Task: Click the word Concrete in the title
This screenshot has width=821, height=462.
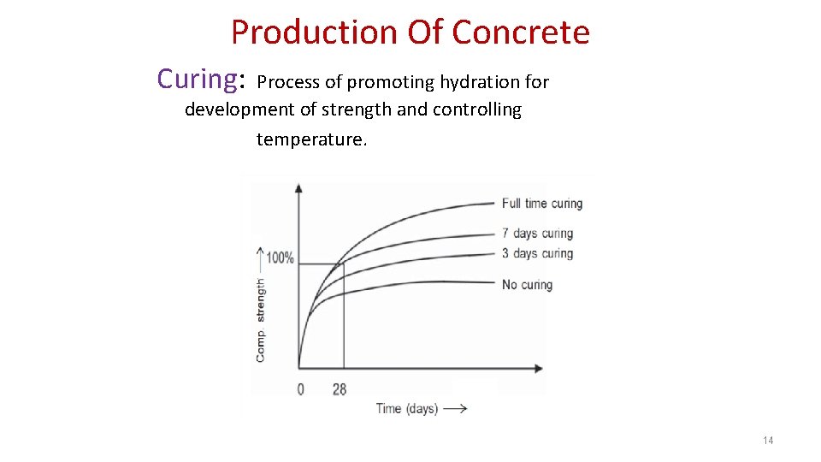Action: pos(520,33)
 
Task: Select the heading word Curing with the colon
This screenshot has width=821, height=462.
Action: pos(202,79)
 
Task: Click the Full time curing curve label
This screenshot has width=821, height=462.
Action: pos(541,204)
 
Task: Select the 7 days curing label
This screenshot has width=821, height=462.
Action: pos(537,233)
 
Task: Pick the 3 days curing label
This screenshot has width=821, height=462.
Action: pos(537,253)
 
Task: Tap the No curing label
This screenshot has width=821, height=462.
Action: pos(527,284)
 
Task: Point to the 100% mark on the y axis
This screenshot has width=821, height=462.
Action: pos(280,258)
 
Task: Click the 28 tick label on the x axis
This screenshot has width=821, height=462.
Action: pos(340,389)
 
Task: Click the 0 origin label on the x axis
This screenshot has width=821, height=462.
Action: pos(300,389)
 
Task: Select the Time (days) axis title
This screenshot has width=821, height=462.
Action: pos(407,409)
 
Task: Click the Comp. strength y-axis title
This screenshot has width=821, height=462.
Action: pos(261,319)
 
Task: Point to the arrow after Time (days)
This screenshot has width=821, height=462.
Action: pos(455,409)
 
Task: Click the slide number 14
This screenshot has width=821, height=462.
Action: pos(767,441)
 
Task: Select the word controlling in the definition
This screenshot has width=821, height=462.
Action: pos(480,110)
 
